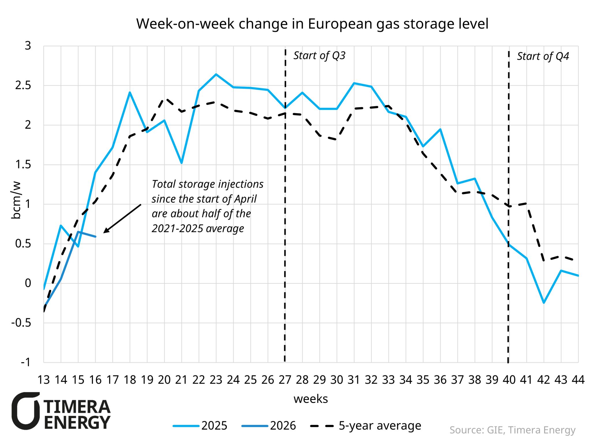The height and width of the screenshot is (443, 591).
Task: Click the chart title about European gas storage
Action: coord(312,24)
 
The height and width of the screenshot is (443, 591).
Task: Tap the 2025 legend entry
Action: coord(200,426)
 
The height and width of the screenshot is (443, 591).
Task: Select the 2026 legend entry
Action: coord(269,426)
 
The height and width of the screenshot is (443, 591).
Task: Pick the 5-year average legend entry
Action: coord(366,426)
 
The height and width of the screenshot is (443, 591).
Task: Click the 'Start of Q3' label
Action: coord(319,55)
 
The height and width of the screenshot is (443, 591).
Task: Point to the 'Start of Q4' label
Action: coord(542,56)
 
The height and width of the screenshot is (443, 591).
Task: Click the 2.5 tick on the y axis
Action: coord(23,85)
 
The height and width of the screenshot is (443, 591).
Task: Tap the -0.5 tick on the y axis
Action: coord(21,323)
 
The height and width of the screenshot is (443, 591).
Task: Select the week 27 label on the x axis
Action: coord(285,380)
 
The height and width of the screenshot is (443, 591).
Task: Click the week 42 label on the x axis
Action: coord(543,380)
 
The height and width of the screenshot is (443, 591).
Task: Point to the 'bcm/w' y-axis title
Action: coord(16,200)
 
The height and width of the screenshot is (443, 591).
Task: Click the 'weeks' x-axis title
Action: coord(311,399)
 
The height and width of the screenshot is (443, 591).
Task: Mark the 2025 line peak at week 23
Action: coord(216,74)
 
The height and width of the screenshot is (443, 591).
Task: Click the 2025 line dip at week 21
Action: coord(182,163)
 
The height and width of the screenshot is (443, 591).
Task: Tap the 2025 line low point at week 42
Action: coord(544,303)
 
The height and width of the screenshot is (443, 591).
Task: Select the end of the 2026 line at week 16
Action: coord(95,236)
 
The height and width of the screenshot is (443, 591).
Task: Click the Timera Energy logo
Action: coord(61,411)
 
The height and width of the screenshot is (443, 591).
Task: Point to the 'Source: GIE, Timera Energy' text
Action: coord(512,430)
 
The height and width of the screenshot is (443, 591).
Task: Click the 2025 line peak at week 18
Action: coord(130,92)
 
